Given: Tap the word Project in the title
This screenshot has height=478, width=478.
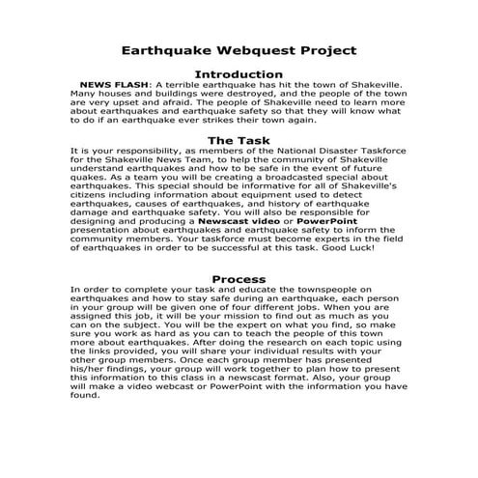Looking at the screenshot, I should pos(320,49).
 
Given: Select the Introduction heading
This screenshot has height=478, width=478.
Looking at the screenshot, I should pos(239,74).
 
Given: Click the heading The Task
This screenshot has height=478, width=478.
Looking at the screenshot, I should pos(239,141).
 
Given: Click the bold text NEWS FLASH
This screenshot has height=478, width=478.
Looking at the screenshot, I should pos(114,85).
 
